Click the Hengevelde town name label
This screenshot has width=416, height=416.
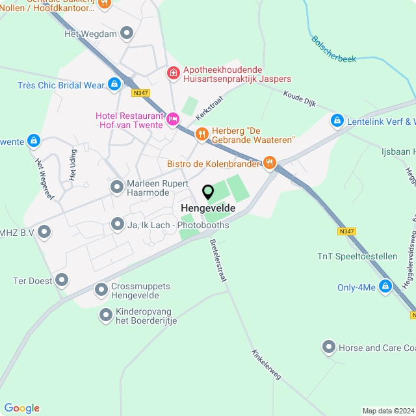point(208,208)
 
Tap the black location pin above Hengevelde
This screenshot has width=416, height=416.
point(208,192)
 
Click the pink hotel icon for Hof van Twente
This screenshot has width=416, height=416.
point(173,119)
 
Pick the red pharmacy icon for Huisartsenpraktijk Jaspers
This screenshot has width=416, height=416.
point(173,72)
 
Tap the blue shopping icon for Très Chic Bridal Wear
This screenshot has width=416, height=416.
point(114,84)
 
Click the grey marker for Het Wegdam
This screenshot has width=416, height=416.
point(127,32)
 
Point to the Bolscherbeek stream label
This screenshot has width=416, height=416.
point(333,49)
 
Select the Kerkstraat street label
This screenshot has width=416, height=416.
point(209,109)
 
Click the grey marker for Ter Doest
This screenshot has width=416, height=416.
point(62,280)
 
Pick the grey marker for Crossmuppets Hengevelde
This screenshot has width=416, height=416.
point(101,290)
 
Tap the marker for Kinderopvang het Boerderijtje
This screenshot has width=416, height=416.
point(106,315)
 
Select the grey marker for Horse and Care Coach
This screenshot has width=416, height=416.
point(329,348)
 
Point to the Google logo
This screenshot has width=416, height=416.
point(21,408)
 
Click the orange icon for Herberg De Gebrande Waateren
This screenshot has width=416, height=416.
point(201,134)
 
